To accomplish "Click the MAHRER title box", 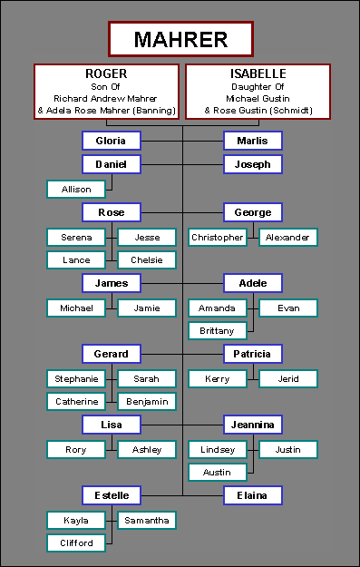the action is click(x=180, y=39).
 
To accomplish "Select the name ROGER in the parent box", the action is click(x=106, y=73).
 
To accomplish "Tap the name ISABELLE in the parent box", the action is click(x=258, y=73).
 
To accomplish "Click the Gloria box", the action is click(x=112, y=141).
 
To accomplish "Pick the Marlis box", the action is click(x=253, y=141).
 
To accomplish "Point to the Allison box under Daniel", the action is click(x=76, y=189).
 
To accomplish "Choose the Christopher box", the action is click(x=218, y=238).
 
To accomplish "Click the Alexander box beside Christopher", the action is click(x=288, y=238).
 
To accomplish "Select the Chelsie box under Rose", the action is click(x=147, y=260).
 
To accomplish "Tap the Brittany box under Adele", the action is click(x=218, y=330).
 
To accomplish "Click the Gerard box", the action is click(x=112, y=354).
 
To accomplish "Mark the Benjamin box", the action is click(x=147, y=401).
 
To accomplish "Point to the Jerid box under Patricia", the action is click(x=288, y=379).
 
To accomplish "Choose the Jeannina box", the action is click(x=253, y=425).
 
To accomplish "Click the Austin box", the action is click(x=218, y=472).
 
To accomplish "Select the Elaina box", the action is click(x=253, y=495).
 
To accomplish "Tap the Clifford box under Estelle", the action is click(x=76, y=543).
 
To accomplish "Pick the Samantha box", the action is click(x=147, y=521).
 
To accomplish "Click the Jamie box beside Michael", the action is click(x=147, y=308).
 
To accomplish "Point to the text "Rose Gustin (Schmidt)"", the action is click(x=263, y=111).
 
